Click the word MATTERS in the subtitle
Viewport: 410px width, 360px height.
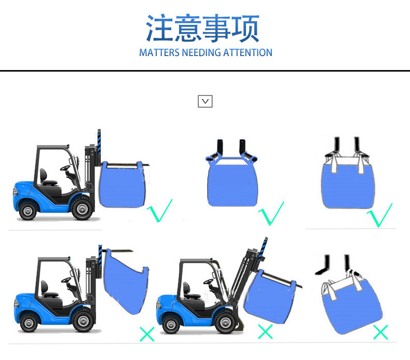159,52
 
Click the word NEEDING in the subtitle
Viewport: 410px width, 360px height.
201,52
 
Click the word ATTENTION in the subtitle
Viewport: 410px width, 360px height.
248,52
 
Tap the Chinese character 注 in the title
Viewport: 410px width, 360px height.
159,28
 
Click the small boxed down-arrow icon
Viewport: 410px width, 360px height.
205,101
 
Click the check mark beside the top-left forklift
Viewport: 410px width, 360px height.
159,211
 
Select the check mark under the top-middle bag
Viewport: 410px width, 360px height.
271,214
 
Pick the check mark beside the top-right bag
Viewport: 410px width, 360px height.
380,215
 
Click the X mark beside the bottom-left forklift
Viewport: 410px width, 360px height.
147,334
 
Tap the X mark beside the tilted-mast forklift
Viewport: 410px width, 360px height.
265,331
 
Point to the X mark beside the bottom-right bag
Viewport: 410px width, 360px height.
380,332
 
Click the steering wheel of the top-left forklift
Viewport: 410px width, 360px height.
65,168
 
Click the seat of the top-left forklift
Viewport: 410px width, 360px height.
47,178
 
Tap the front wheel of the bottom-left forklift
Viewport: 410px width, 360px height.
83,320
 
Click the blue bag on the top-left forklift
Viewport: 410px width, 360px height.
122,185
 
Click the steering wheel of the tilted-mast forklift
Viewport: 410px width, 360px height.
209,281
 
